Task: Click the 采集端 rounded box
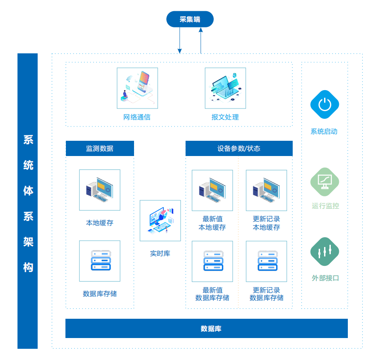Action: tap(190, 19)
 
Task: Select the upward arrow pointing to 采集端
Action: tap(201, 40)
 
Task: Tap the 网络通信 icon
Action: tap(137, 88)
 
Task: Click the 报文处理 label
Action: tap(225, 117)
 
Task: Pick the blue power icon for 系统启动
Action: tap(325, 105)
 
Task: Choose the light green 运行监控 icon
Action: tap(325, 182)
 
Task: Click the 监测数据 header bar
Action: tap(100, 148)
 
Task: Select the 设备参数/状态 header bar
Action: tap(239, 148)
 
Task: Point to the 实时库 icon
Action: tap(160, 221)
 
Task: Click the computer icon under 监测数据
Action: tap(100, 190)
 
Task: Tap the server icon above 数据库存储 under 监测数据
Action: tap(100, 261)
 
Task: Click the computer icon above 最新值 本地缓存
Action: tap(212, 190)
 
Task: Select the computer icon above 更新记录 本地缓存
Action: tap(266, 190)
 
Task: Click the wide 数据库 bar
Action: tap(207, 329)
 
